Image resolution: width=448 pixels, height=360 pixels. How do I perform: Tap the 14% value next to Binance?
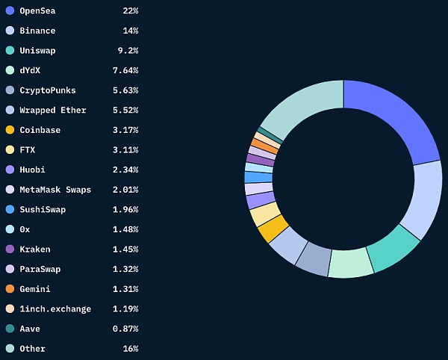click(130, 31)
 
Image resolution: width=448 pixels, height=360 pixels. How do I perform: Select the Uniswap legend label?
click(37, 51)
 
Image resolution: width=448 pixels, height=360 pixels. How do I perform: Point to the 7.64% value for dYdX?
click(125, 70)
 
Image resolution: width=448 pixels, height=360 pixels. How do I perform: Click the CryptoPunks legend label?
click(48, 90)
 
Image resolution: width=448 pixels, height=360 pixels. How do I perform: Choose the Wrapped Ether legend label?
click(52, 111)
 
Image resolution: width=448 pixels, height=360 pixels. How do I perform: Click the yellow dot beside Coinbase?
click(10, 130)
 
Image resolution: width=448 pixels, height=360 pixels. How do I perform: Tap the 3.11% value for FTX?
click(125, 150)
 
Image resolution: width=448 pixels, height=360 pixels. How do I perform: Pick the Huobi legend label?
click(33, 170)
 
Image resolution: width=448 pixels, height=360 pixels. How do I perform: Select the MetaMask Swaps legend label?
click(55, 190)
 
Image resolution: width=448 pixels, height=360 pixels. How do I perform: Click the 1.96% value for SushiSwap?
click(125, 209)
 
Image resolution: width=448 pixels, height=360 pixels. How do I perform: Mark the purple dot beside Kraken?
click(10, 249)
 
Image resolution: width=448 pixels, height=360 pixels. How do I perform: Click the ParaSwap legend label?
click(40, 269)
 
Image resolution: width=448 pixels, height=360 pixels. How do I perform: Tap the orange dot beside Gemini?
click(10, 288)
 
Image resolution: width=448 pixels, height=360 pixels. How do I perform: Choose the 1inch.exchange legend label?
click(55, 308)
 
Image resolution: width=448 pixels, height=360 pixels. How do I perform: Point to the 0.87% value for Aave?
click(125, 329)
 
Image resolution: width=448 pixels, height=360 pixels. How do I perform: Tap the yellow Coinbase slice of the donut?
click(273, 228)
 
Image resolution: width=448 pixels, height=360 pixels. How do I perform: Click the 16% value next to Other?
click(130, 349)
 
